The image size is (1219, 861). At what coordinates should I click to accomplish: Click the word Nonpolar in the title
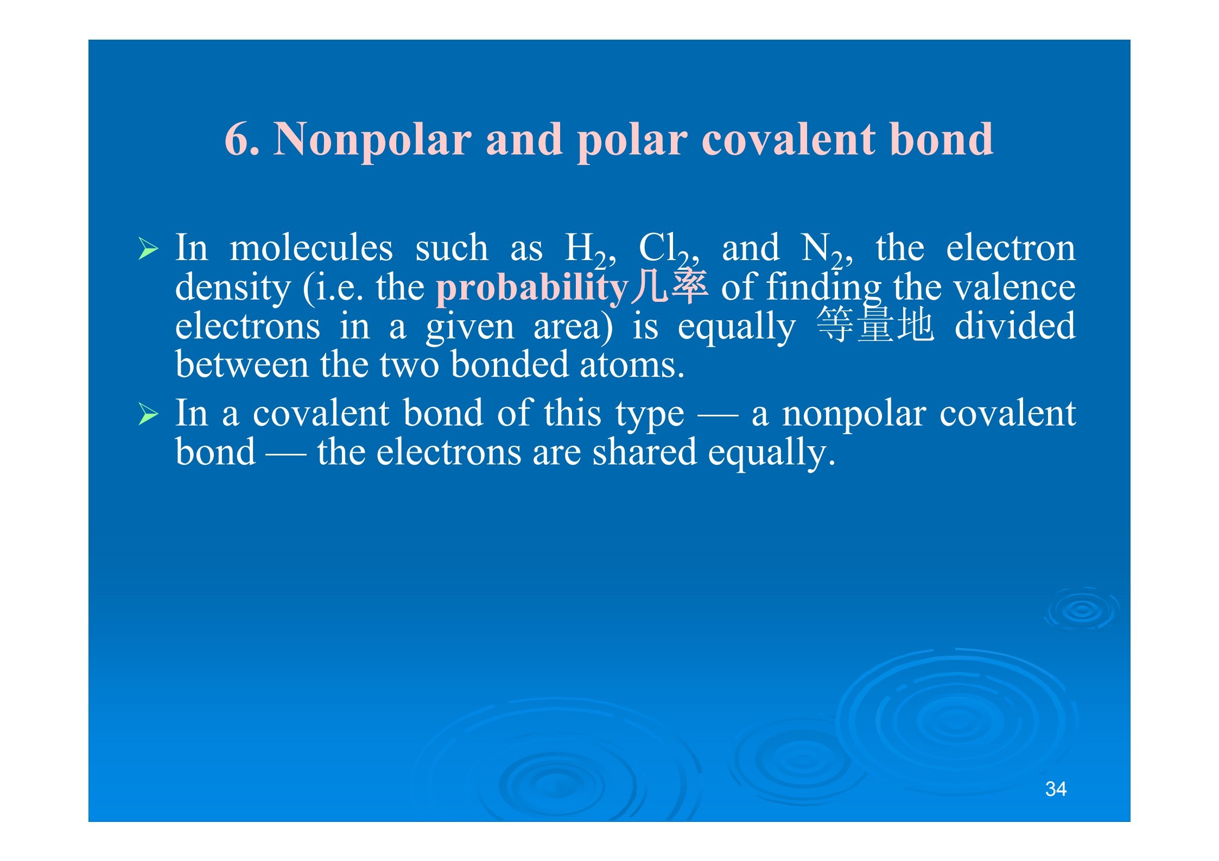pyautogui.click(x=372, y=140)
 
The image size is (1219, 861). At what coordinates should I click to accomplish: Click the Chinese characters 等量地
pyautogui.click(x=875, y=324)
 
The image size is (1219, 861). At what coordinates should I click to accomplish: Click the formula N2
pyautogui.click(x=822, y=251)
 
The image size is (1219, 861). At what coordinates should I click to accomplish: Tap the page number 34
pyautogui.click(x=1056, y=789)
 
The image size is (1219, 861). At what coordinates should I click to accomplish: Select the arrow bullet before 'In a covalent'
pyautogui.click(x=148, y=414)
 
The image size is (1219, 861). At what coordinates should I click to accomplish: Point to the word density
pyautogui.click(x=233, y=288)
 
